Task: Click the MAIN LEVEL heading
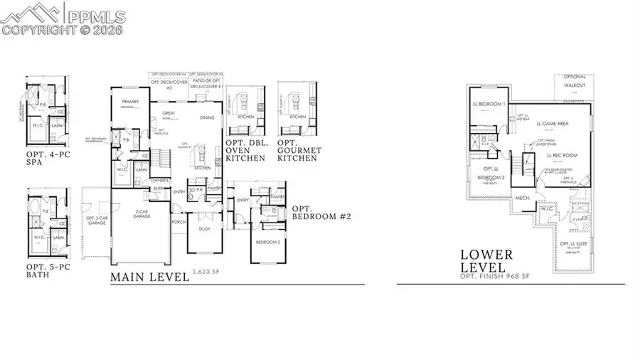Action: (x=150, y=277)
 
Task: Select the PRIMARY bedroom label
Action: (x=129, y=102)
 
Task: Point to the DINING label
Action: (x=207, y=117)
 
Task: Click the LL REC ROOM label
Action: (x=562, y=154)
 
